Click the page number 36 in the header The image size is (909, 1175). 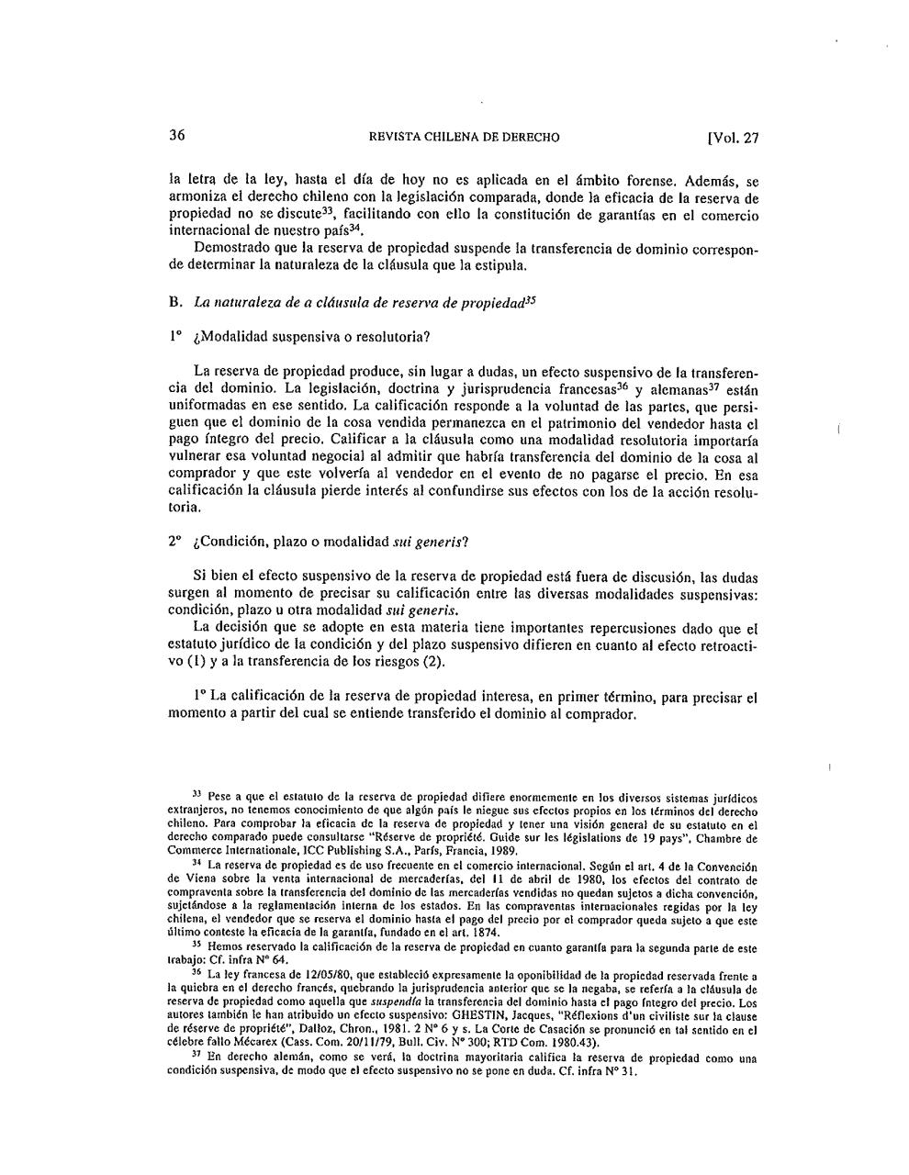tap(177, 136)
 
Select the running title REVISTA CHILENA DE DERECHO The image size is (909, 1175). tap(463, 138)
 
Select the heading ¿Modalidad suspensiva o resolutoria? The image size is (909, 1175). tap(312, 336)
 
